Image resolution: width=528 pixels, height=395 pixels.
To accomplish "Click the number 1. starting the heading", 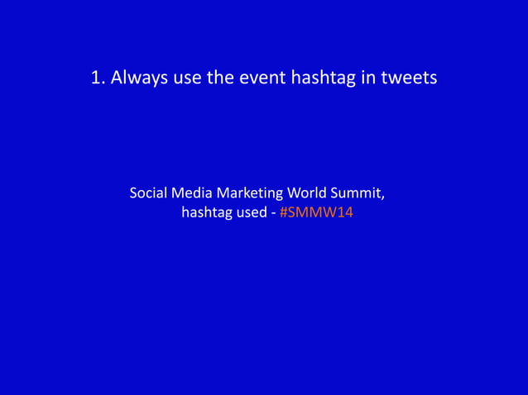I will click(98, 79).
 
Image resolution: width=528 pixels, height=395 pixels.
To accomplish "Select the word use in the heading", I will click(187, 79).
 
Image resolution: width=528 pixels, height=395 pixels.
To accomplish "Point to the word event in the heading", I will click(262, 79).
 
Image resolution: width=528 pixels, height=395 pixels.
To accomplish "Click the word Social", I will click(149, 193).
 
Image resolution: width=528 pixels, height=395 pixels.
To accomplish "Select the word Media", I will click(192, 193).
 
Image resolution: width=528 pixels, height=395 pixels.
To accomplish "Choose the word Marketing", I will click(248, 193).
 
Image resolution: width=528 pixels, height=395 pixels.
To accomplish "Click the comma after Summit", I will click(383, 197).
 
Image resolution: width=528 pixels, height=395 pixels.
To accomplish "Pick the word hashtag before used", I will click(207, 213).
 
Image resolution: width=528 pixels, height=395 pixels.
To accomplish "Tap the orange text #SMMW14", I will click(317, 213).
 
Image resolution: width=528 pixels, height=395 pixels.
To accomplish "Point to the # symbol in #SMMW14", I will click(284, 213).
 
